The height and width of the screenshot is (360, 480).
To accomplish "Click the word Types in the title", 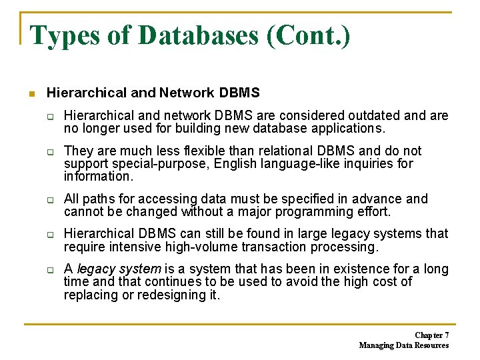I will tap(64, 35).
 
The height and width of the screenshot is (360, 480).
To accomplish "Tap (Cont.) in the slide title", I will tap(308, 35).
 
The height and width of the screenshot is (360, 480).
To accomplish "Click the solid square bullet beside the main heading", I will tap(31, 93).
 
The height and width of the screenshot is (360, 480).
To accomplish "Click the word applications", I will tap(346, 129).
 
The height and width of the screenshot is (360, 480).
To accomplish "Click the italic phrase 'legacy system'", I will tap(119, 269).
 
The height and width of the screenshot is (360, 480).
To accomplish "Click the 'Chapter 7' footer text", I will tap(431, 335).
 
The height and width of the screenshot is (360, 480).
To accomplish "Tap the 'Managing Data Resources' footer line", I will tap(403, 345).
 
